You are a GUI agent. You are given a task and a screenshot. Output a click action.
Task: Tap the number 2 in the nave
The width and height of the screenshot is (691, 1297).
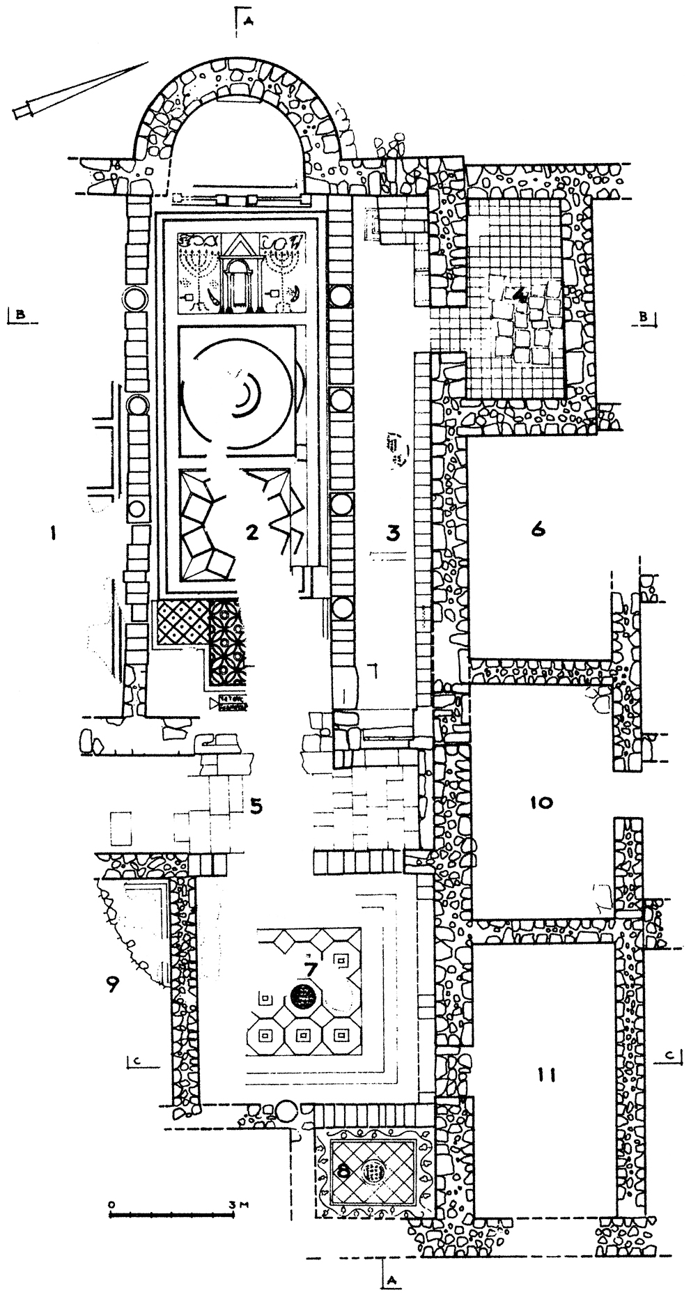pos(252,533)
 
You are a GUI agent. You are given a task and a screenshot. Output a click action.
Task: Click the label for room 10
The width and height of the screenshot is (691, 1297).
pos(541,802)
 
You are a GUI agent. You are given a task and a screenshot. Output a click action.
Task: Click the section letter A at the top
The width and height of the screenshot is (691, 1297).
pos(248,20)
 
